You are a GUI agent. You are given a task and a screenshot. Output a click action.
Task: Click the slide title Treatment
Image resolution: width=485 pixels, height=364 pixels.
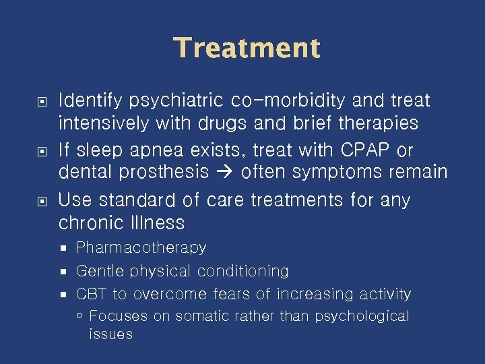[247, 49]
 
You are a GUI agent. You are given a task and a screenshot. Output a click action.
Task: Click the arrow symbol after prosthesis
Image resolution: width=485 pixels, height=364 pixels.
[224, 173]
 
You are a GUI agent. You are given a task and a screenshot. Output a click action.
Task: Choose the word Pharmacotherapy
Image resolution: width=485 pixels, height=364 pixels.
[141, 248]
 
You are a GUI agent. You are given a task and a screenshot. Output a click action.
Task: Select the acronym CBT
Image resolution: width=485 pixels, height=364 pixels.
[91, 295]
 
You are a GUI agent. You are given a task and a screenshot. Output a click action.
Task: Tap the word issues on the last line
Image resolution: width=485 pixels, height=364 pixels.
[110, 334]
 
